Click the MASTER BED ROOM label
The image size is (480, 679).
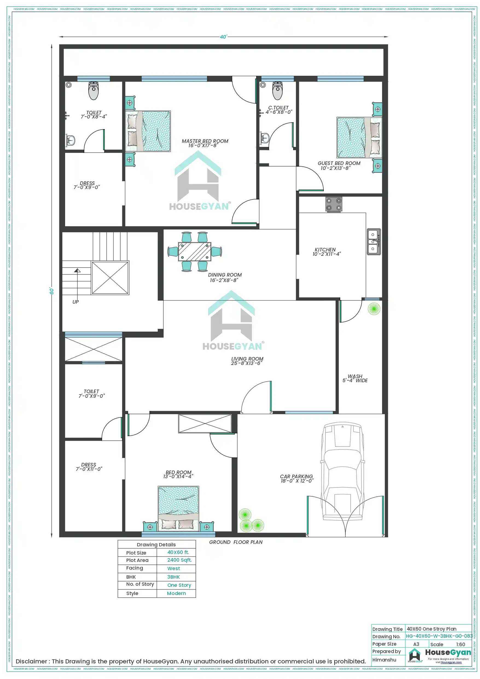[x=205, y=143]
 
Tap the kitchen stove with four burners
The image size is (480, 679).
[x=334, y=204]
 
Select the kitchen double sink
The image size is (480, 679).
[x=374, y=242]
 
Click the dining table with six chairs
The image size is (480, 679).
[x=195, y=252]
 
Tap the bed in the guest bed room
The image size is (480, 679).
[x=359, y=138]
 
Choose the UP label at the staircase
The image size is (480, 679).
[x=76, y=302]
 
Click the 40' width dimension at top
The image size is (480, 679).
[x=223, y=37]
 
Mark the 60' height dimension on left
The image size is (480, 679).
[x=52, y=291]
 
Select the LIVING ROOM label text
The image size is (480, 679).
[x=247, y=361]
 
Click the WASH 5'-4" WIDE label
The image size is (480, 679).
[x=355, y=379]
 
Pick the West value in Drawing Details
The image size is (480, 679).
[x=174, y=568]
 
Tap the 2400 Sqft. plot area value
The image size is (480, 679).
[x=179, y=560]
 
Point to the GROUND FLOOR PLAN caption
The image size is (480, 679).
[x=236, y=542]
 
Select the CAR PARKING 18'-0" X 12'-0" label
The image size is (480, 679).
[x=297, y=478]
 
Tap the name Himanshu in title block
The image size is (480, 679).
[x=384, y=660]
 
